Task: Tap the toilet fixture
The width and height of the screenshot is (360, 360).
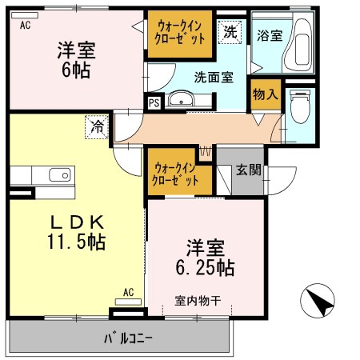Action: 300,106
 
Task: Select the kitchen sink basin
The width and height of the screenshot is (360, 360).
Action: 60,174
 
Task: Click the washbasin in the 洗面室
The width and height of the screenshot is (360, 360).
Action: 181,98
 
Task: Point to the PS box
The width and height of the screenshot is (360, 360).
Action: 154,102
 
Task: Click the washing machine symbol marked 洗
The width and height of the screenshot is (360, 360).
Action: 230,32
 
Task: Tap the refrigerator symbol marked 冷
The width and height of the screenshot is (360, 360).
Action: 97,127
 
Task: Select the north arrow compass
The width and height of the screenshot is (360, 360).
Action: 318,301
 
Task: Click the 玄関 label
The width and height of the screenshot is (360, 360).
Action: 249,170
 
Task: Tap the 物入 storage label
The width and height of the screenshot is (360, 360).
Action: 266,94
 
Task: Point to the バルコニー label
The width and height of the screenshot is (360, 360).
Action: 128,338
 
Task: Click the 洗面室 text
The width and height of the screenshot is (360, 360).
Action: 214,78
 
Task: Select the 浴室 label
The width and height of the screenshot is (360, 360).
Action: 270,35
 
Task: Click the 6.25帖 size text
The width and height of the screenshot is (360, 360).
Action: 205,268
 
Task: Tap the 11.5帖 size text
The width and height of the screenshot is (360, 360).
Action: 77,242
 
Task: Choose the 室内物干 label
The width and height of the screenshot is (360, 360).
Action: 198,301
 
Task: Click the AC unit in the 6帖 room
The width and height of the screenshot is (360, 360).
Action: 25,15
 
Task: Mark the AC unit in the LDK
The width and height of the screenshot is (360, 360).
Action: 128,302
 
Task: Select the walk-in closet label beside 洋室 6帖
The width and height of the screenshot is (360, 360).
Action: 180,33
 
